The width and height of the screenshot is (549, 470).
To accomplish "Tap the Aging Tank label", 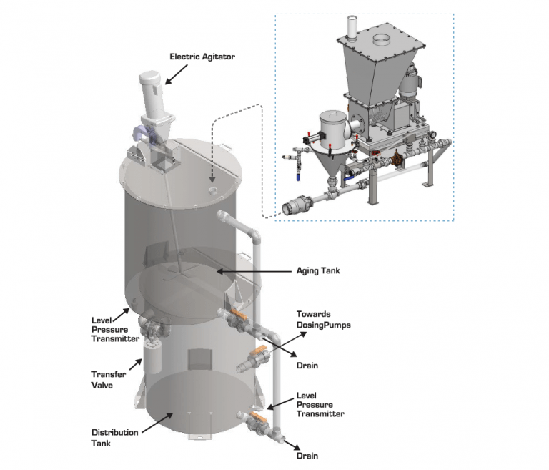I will (x=319, y=270).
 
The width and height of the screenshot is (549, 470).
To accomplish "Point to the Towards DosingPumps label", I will (x=322, y=320).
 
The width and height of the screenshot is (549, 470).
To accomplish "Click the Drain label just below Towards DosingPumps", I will (x=307, y=366).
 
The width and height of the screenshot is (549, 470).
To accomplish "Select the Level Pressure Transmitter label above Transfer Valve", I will (x=115, y=329).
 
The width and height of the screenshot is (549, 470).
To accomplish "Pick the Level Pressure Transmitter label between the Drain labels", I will (x=320, y=404).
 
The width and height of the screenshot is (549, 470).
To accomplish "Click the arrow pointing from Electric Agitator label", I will (x=178, y=71).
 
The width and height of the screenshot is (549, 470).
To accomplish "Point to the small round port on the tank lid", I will (x=213, y=190).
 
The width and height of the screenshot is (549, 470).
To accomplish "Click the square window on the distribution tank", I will (x=198, y=362).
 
